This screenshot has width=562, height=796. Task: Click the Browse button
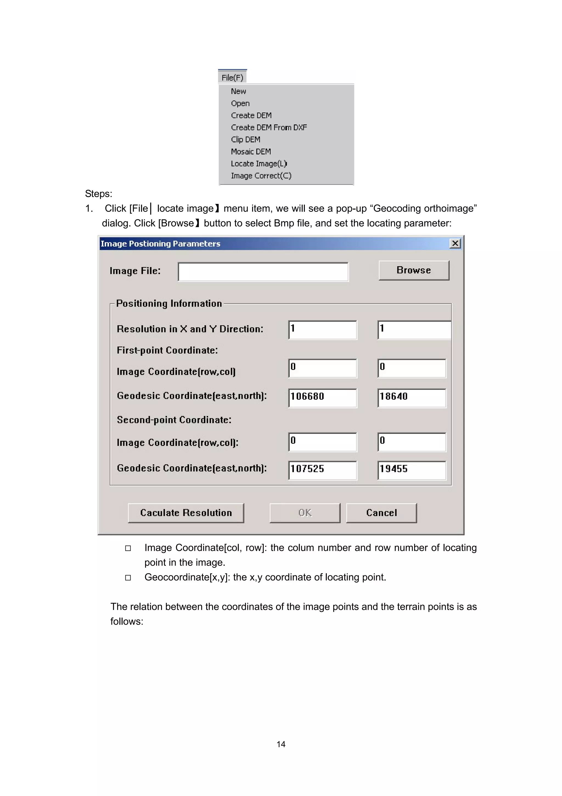tap(414, 270)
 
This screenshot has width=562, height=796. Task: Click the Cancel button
tap(381, 513)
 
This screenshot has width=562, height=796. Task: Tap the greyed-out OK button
tap(305, 513)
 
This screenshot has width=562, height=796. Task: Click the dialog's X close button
tap(455, 243)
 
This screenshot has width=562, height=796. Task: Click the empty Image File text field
tap(263, 272)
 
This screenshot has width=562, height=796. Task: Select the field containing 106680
tap(322, 397)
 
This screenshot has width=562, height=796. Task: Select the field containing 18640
tap(411, 397)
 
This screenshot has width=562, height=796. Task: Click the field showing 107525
tap(322, 470)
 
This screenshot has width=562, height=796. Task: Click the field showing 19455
tap(411, 470)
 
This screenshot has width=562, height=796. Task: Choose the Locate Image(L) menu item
tap(259, 164)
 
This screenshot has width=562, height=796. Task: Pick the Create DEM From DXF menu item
tap(269, 127)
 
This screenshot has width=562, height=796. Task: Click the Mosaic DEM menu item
tap(251, 151)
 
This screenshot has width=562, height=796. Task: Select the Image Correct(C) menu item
tap(261, 176)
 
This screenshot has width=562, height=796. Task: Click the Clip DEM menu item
tap(246, 139)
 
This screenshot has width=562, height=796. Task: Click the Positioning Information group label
tap(169, 303)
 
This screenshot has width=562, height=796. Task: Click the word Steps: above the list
tap(99, 194)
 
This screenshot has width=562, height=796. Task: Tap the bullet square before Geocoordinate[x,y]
tap(128, 578)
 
